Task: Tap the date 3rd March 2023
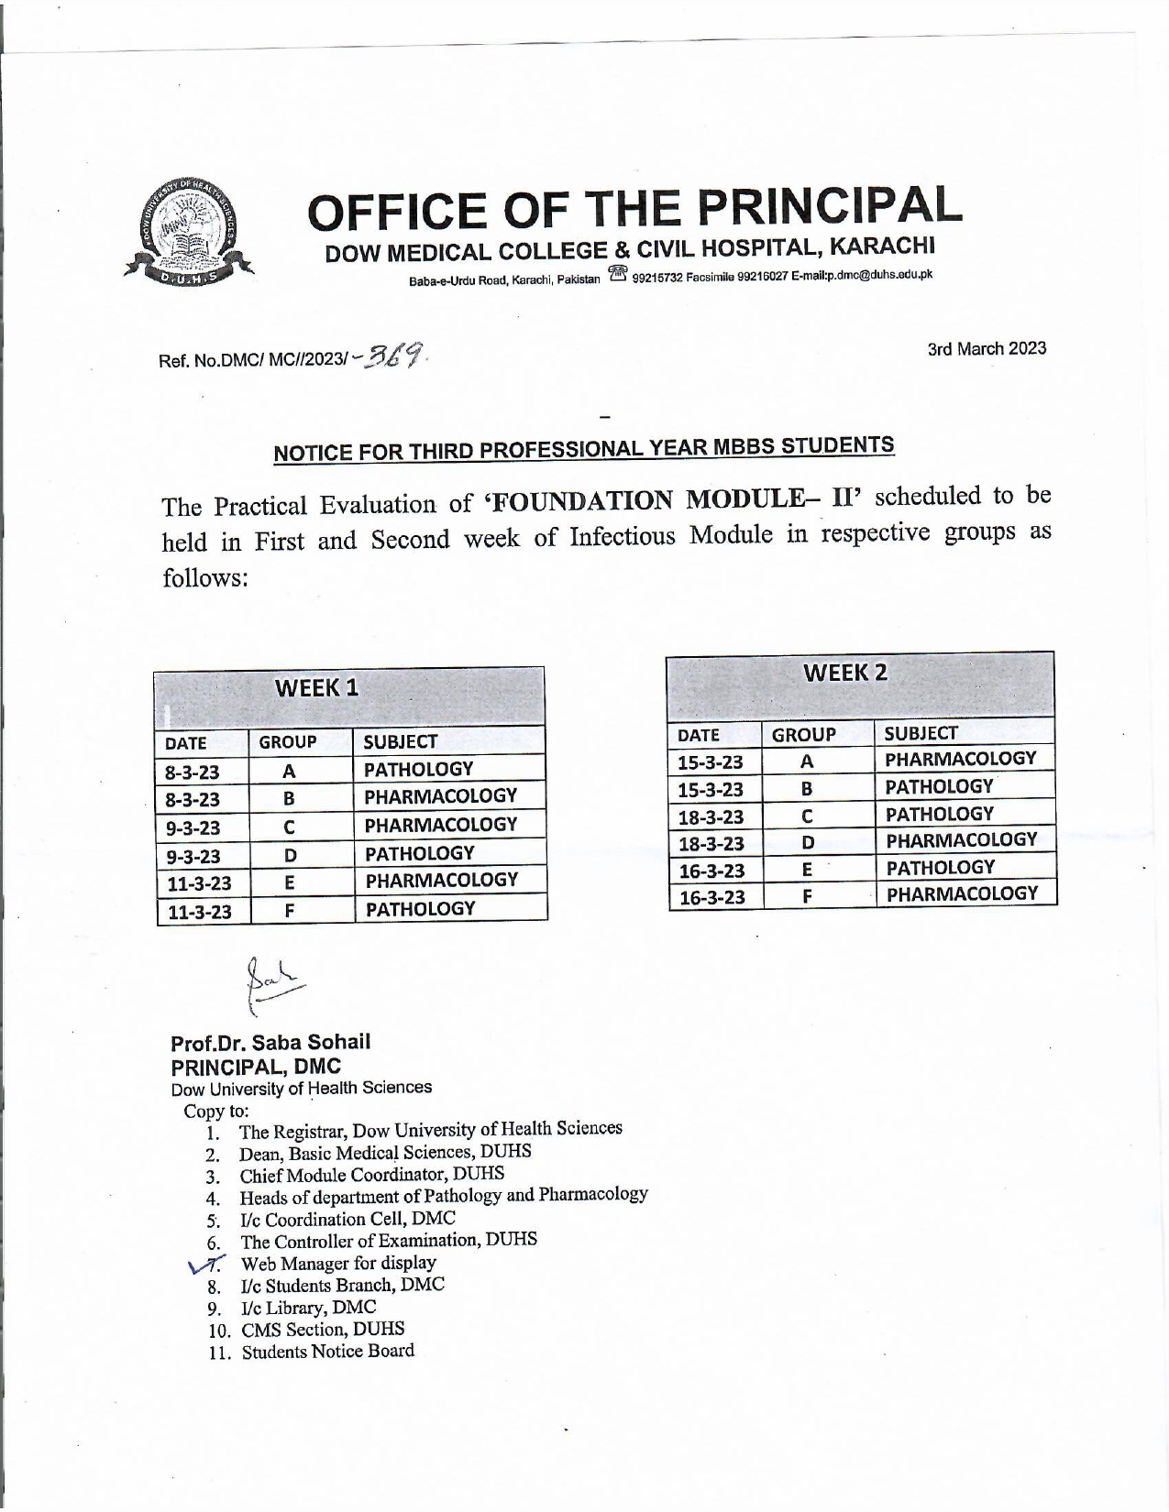pyautogui.click(x=987, y=349)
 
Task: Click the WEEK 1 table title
pyautogui.click(x=316, y=688)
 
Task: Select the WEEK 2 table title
pyautogui.click(x=845, y=674)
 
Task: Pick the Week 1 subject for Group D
pyautogui.click(x=419, y=853)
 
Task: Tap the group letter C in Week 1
pyautogui.click(x=288, y=827)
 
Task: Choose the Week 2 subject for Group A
pyautogui.click(x=960, y=759)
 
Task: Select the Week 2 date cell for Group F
pyautogui.click(x=712, y=897)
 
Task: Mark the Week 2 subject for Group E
pyautogui.click(x=939, y=867)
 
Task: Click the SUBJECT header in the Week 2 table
pyautogui.click(x=921, y=733)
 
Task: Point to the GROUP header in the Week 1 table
pyautogui.click(x=288, y=742)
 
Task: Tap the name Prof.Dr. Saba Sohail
pyautogui.click(x=270, y=1042)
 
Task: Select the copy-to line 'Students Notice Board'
pyautogui.click(x=327, y=1352)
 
